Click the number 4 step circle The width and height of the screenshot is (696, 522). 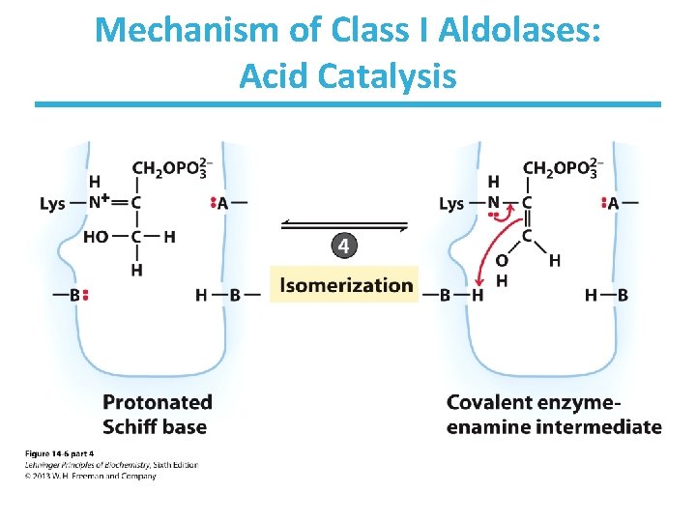pyautogui.click(x=344, y=246)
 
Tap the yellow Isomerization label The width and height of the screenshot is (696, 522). pyautogui.click(x=344, y=284)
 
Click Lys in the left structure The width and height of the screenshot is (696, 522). pyautogui.click(x=53, y=204)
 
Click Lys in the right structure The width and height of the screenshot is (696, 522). pyautogui.click(x=451, y=204)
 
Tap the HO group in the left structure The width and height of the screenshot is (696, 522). pyautogui.click(x=96, y=237)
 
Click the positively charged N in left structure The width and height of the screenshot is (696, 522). pyautogui.click(x=99, y=203)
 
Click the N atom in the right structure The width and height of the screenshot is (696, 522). pyautogui.click(x=494, y=203)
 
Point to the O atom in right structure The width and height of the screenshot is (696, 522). pyautogui.click(x=501, y=261)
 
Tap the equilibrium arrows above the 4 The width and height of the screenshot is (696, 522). pyautogui.click(x=344, y=225)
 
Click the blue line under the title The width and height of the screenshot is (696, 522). pyautogui.click(x=348, y=104)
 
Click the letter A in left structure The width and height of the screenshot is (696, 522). pyautogui.click(x=223, y=203)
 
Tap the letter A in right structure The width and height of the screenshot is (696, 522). pyautogui.click(x=613, y=203)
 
